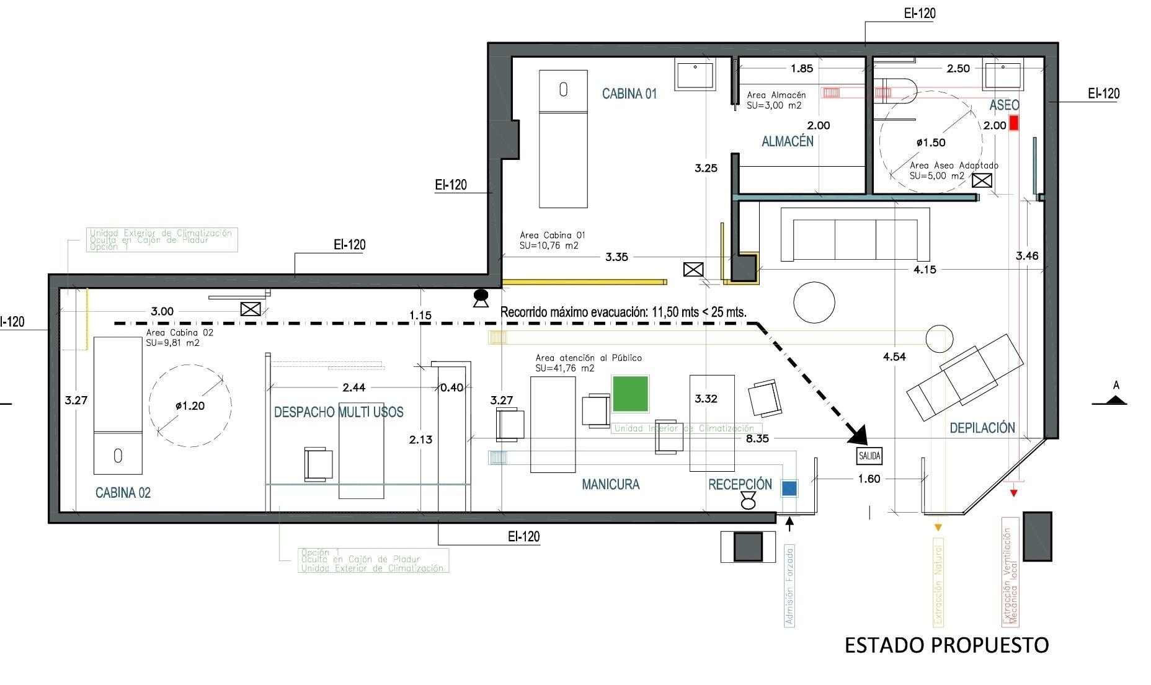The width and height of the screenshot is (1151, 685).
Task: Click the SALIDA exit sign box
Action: (x=869, y=456)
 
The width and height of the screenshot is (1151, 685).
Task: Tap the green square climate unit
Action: (x=630, y=394)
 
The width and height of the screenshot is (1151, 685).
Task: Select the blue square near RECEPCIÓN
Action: (x=789, y=488)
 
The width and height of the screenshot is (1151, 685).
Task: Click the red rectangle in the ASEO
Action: (x=1014, y=123)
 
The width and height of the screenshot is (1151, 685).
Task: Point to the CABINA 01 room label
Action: (x=629, y=94)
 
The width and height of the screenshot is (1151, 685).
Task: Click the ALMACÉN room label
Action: (x=787, y=141)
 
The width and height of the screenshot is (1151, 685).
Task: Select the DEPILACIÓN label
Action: (x=982, y=428)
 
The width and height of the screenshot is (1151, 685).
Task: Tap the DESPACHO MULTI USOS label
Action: (x=339, y=412)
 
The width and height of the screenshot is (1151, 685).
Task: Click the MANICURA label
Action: (x=610, y=485)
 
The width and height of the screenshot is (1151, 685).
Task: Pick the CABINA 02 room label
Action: (x=123, y=493)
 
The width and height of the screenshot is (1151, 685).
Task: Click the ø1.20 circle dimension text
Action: (x=190, y=406)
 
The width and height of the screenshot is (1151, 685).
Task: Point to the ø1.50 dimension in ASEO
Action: (x=931, y=143)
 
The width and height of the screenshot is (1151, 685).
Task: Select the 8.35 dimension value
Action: (x=757, y=439)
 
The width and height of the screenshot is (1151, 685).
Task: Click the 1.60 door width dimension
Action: (x=869, y=479)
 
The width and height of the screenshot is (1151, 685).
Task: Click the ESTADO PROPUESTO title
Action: (x=946, y=645)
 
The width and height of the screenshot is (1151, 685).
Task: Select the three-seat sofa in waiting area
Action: (x=855, y=235)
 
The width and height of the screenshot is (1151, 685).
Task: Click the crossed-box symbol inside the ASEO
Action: (x=982, y=180)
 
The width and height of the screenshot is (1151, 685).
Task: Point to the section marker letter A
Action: (x=1116, y=386)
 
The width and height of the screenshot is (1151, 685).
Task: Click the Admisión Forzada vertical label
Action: (x=789, y=586)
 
